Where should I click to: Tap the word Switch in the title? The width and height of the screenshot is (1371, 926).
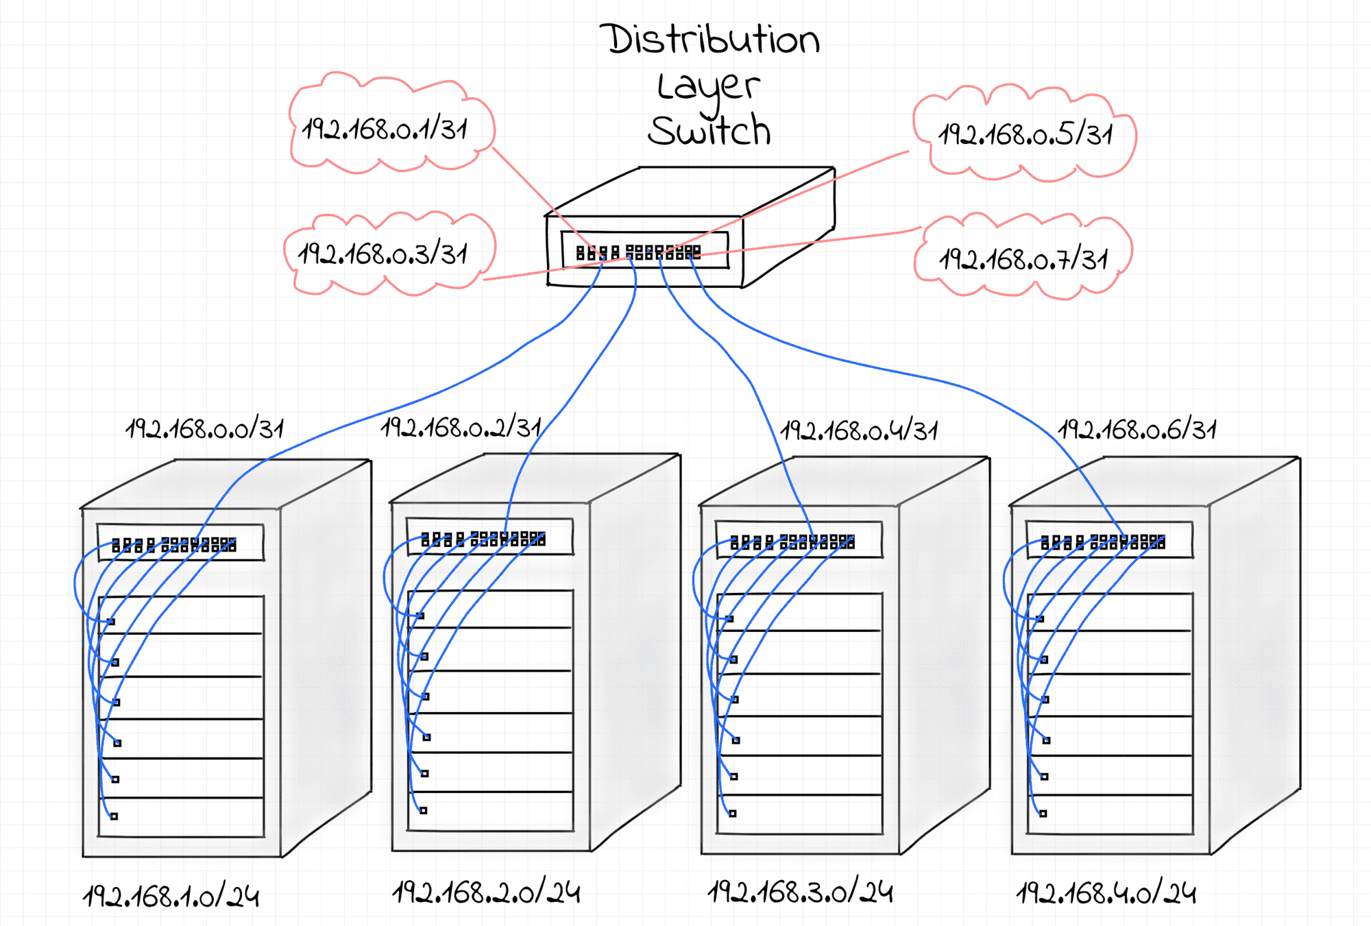tap(709, 131)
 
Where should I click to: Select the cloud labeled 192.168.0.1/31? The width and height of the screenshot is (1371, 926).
tap(388, 127)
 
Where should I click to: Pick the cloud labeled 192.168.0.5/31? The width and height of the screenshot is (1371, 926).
tap(1025, 134)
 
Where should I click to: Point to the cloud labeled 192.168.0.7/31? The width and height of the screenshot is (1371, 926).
tap(1023, 259)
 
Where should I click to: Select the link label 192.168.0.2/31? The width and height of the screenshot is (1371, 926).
tap(461, 428)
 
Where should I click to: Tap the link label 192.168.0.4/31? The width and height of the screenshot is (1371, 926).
tap(859, 430)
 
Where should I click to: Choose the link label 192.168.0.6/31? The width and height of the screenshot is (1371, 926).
tap(1137, 430)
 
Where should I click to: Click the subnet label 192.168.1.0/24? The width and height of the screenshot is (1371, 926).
tap(171, 896)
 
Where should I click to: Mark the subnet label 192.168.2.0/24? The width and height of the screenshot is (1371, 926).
tap(486, 892)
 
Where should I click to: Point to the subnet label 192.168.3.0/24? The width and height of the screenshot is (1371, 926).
tap(800, 892)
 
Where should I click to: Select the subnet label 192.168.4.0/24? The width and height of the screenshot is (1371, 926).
tap(1106, 893)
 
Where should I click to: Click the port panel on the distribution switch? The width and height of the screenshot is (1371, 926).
tap(644, 251)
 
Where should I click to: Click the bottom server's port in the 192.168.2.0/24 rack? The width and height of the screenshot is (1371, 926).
tap(424, 810)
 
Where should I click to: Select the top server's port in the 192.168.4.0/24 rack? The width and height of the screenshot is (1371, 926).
tap(1041, 619)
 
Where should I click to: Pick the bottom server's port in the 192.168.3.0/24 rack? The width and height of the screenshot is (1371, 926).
tap(733, 814)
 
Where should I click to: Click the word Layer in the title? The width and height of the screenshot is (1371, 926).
tap(708, 86)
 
